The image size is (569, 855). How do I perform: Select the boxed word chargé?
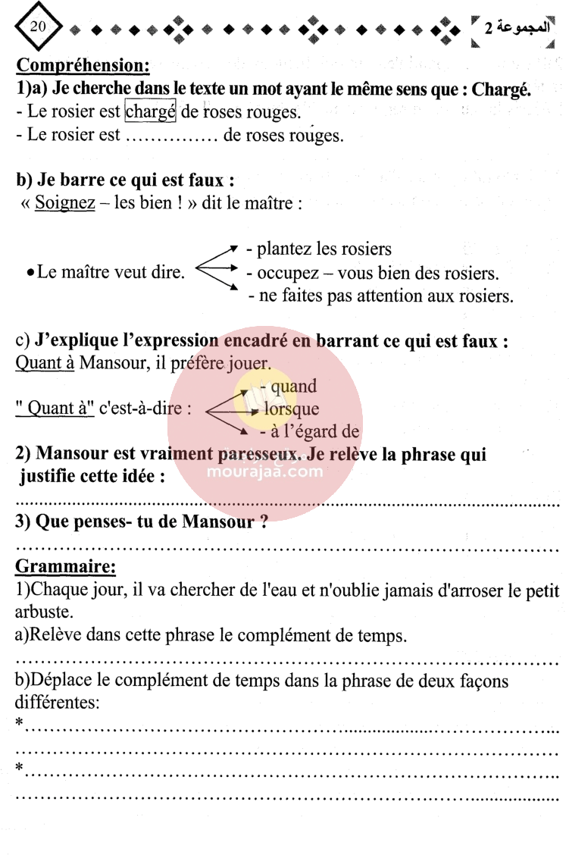[151, 112]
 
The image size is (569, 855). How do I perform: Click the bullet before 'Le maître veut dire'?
[28, 273]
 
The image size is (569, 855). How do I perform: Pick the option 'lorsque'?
[292, 409]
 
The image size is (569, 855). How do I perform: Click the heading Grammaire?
[66, 566]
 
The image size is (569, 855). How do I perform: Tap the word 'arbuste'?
[45, 611]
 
